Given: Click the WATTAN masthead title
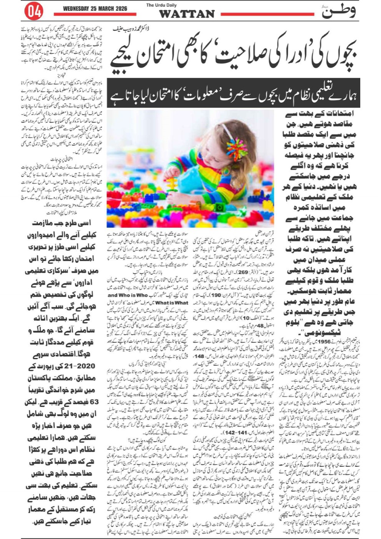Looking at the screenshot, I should coord(187,14).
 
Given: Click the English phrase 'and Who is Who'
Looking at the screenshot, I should coord(128,295).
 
